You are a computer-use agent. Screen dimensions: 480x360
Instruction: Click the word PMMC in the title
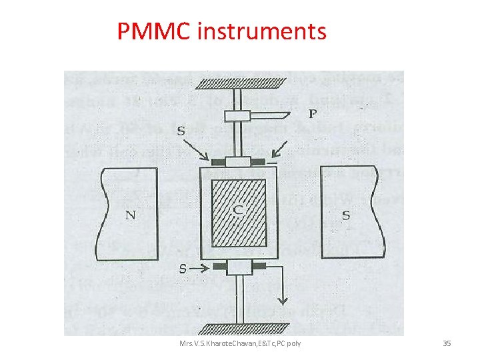(x=154, y=31)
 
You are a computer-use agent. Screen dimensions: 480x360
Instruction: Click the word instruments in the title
(x=262, y=31)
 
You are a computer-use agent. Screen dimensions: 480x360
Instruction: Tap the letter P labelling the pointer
(x=311, y=114)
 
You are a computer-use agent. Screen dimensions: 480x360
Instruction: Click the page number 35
(x=447, y=343)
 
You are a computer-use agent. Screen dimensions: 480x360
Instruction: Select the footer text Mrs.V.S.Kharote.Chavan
(x=213, y=343)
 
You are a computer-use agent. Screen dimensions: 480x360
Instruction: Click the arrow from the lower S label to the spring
(x=202, y=268)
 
